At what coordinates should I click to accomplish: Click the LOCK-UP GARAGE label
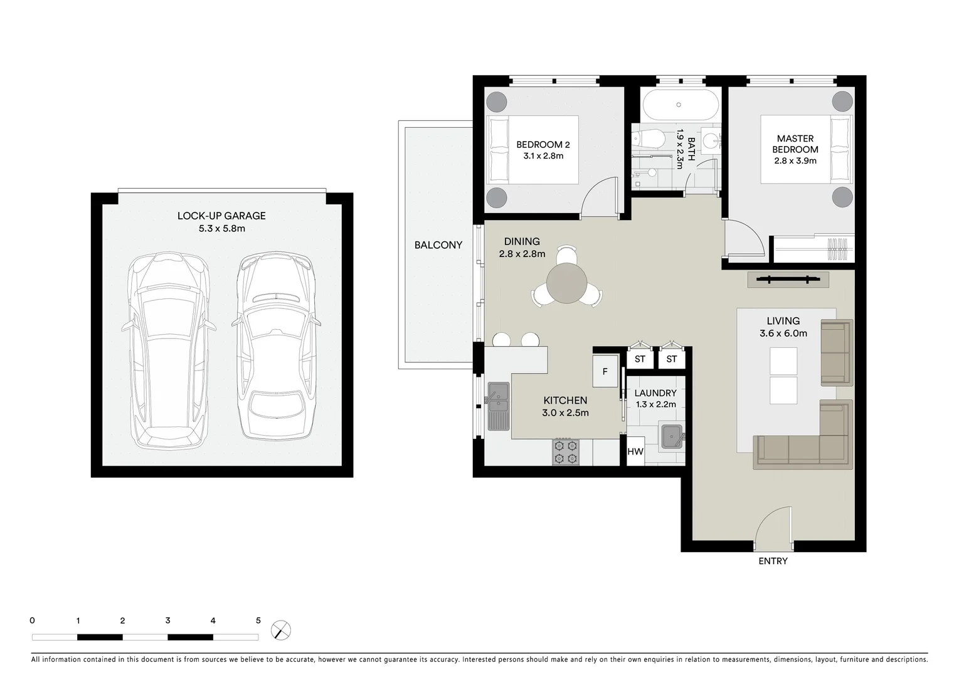tap(221, 216)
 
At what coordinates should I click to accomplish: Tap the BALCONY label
tap(438, 245)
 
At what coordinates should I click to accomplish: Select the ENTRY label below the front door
tap(773, 561)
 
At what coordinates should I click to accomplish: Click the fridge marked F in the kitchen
tap(605, 372)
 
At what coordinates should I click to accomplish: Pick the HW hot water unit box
tap(635, 451)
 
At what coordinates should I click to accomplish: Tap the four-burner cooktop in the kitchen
tap(565, 452)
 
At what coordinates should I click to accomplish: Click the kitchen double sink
tap(499, 406)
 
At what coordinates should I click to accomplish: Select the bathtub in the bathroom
tap(679, 105)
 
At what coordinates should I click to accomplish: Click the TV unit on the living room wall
tap(788, 280)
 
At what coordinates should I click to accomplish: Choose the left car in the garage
tap(168, 351)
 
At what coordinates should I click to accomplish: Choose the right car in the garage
tap(277, 346)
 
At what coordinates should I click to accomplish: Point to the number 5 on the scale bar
tap(258, 621)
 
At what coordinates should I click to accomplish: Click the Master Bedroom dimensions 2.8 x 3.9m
tap(795, 160)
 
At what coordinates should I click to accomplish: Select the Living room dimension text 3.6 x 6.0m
tap(783, 333)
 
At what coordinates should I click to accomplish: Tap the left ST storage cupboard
tap(640, 359)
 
